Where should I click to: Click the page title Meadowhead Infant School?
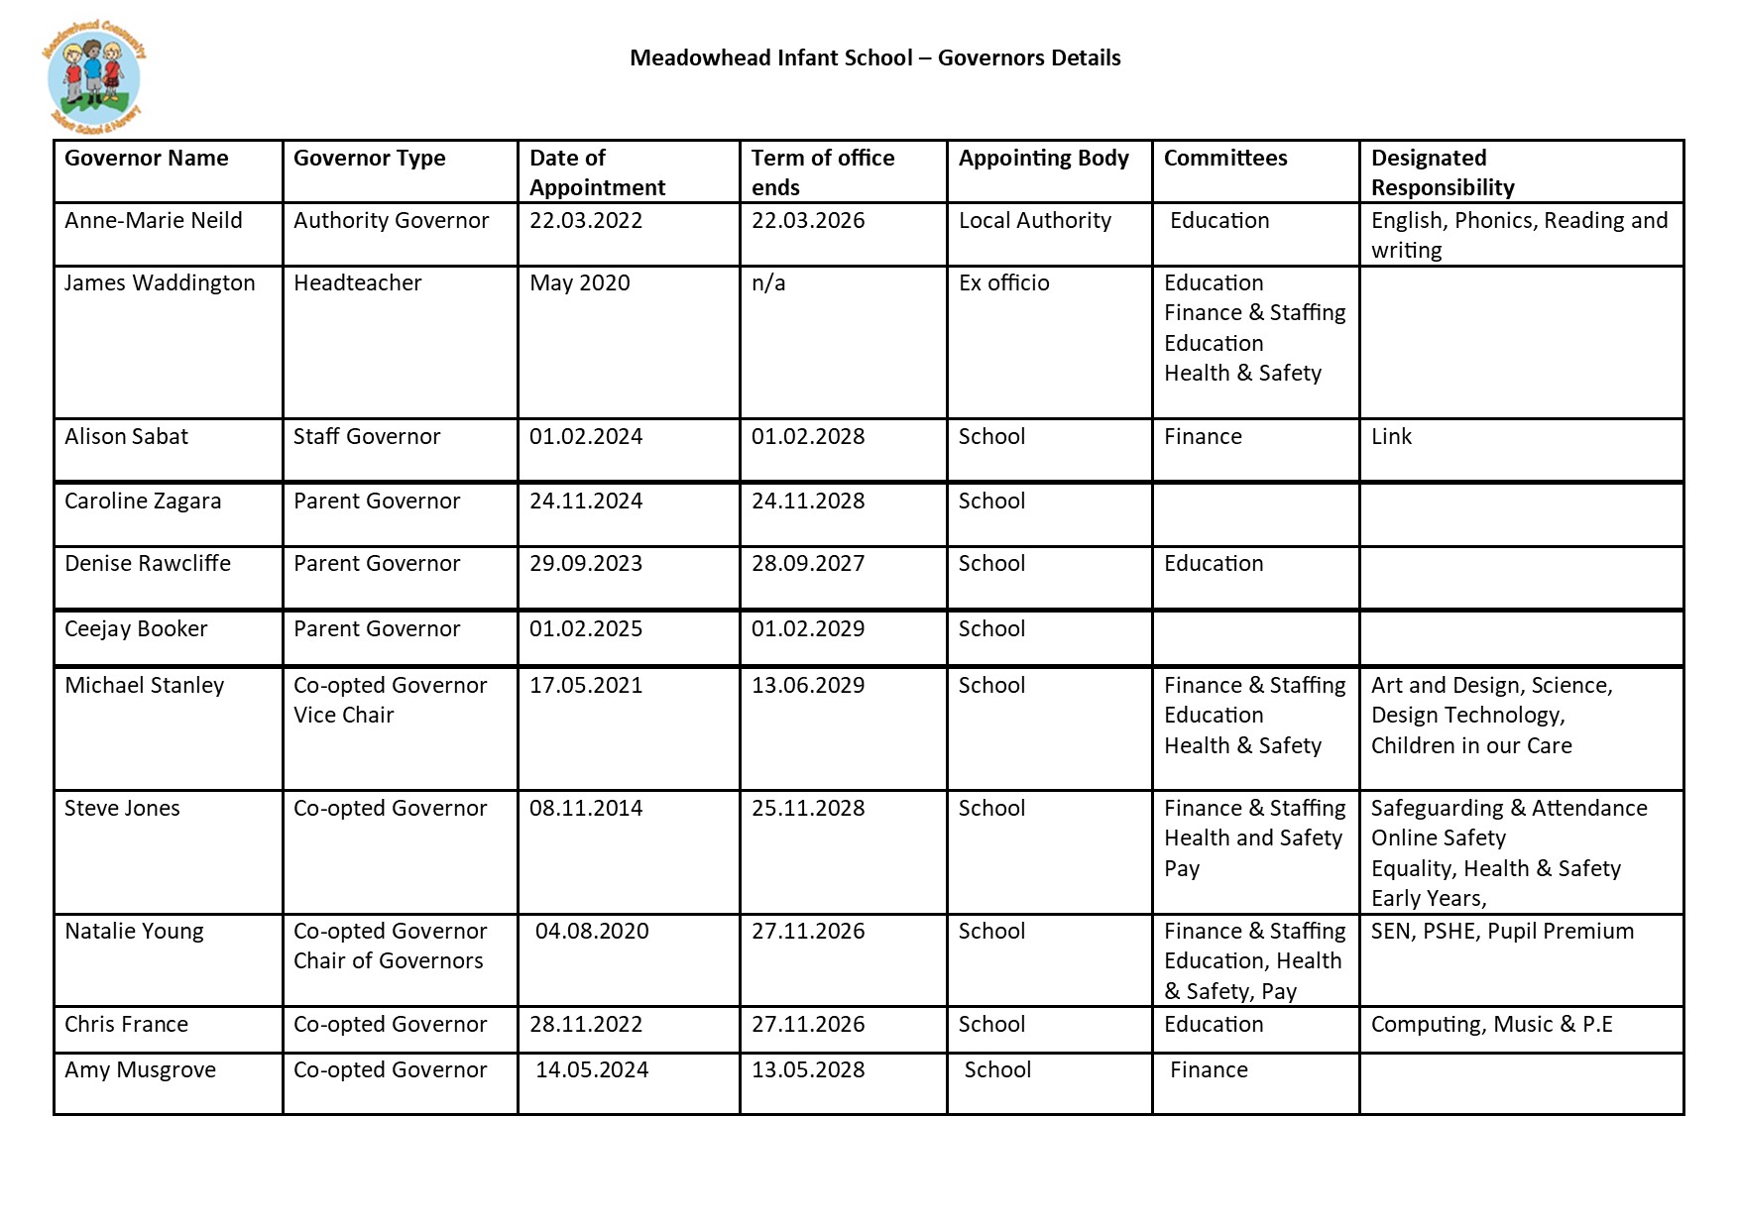point(874,58)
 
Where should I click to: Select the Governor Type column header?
point(369,159)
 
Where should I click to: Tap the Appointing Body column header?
point(1043,159)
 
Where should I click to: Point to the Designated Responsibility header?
point(1442,172)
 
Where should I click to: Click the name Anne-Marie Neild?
point(153,221)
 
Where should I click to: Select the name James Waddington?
point(160,283)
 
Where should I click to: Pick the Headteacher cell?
point(357,283)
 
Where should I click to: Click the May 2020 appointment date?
point(579,283)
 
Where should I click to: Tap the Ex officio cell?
point(1003,283)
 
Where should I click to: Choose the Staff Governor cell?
point(366,437)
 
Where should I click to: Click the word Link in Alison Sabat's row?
point(1391,437)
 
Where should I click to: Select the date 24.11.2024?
point(585,502)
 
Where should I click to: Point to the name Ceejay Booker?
point(136,629)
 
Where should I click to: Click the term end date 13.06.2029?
point(807,686)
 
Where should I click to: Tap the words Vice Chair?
point(343,716)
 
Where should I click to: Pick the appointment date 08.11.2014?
point(585,809)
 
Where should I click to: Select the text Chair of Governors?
point(388,961)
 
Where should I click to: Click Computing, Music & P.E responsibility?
point(1491,1025)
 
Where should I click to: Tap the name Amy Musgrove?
point(140,1070)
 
